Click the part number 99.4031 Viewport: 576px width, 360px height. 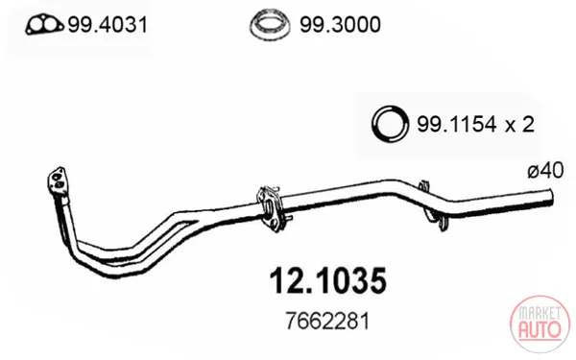tap(108, 25)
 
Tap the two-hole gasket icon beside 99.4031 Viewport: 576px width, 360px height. tap(44, 25)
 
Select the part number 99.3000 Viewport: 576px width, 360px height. tap(340, 25)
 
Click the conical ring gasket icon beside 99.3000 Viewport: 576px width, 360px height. tap(270, 24)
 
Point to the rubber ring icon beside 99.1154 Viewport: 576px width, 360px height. tap(390, 124)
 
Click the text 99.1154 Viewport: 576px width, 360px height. tap(457, 125)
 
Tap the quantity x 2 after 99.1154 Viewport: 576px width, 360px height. tap(519, 125)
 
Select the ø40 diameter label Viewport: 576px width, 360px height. tap(545, 171)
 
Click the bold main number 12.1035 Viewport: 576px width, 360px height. tap(328, 281)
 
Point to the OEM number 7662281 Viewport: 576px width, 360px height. tap(327, 322)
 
